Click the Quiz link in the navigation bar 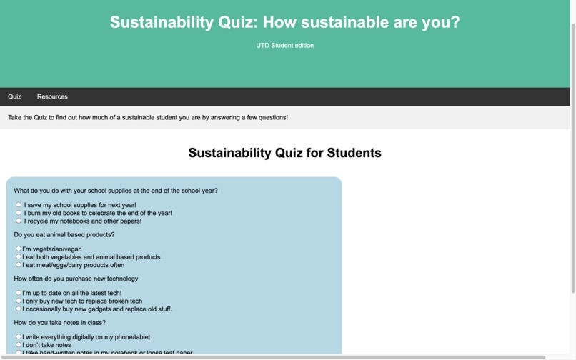14,96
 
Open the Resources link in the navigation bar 52,96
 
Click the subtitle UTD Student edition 284,46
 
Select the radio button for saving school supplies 19,205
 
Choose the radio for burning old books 19,213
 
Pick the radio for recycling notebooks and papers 19,221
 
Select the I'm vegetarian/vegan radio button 19,249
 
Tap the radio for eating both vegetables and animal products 19,256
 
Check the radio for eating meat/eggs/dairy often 19,264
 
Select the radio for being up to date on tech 19,293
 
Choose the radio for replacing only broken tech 19,301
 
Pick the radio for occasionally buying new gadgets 19,309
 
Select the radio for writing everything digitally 19,336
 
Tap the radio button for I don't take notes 19,344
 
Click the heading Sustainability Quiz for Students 284,153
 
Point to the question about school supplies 116,191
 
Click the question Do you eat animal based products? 64,234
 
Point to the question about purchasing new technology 76,279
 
